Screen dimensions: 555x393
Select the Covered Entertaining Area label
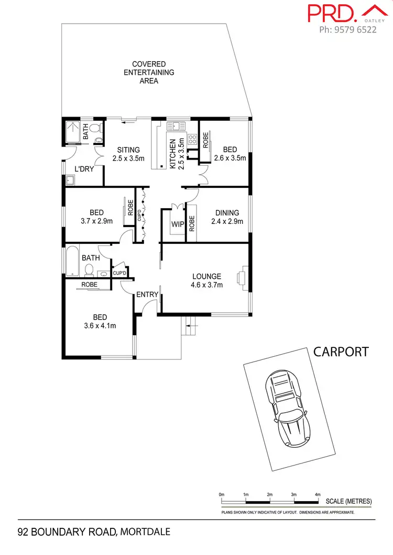149,73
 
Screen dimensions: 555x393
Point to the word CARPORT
341,352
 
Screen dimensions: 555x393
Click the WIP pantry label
177,224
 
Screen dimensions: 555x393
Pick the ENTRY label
147,295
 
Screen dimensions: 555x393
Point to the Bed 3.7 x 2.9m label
96,217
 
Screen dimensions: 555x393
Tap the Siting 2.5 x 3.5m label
128,154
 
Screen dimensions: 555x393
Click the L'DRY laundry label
83,169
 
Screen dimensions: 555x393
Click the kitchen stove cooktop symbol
192,139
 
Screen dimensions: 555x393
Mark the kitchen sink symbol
173,126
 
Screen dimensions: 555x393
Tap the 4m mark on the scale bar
318,494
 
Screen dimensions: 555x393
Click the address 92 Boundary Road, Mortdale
94,533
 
